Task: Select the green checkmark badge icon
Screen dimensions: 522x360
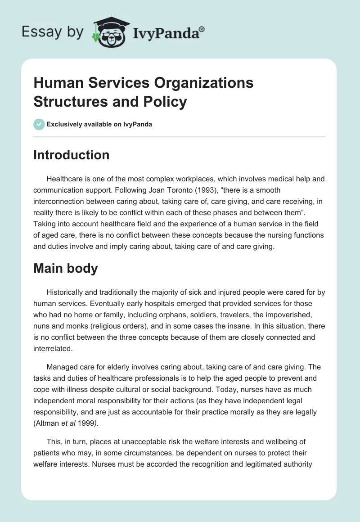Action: (x=39, y=124)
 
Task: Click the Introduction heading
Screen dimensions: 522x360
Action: (x=71, y=155)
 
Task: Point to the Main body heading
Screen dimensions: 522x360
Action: (x=66, y=268)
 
